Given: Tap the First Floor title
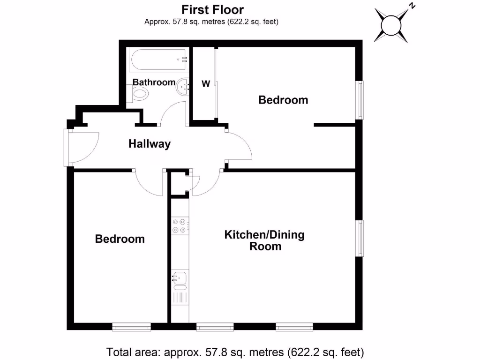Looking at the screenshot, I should coord(212,9).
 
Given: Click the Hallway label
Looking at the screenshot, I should coord(150,144).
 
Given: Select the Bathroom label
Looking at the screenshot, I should coord(154,82).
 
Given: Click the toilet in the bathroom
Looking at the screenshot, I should coord(140,94).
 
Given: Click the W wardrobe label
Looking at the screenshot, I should coord(205,84).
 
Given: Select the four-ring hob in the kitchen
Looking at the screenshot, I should coord(180,225).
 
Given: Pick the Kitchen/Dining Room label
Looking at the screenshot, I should coord(265,240).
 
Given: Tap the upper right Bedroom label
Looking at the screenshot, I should coord(283,100).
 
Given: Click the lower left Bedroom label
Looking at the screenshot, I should coord(120,239).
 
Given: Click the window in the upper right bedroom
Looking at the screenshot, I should coord(360,100).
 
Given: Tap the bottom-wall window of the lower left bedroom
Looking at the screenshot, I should coord(131,326).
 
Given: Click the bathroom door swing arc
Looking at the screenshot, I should coord(173,112).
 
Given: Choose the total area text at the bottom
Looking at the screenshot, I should coord(235,352).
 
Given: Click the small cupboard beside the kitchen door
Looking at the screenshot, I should coord(179,184).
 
